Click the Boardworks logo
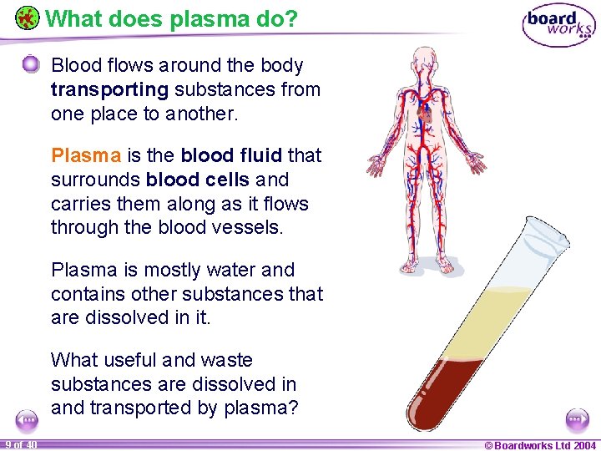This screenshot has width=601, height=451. [x=558, y=26]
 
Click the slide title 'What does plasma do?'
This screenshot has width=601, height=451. [x=171, y=18]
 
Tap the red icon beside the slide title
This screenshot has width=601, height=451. [x=27, y=18]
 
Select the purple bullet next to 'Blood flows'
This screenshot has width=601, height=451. [x=31, y=64]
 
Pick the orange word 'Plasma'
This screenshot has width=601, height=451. [x=87, y=155]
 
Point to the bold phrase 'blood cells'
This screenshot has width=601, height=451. [x=197, y=180]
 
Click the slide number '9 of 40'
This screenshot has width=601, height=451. [x=19, y=444]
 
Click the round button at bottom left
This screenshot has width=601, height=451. [x=27, y=419]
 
